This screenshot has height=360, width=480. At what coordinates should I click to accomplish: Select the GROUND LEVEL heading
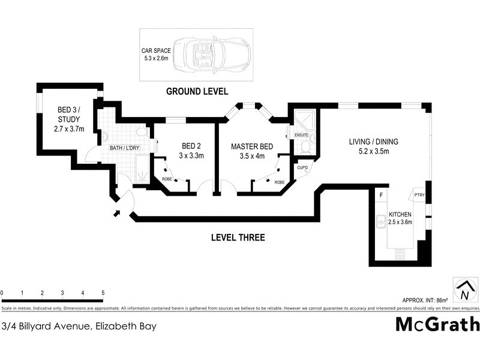[197, 92]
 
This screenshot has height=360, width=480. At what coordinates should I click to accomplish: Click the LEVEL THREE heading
[238, 238]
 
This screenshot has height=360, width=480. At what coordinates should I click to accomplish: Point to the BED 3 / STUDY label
[68, 119]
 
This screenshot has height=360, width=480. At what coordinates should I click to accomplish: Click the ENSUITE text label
[301, 135]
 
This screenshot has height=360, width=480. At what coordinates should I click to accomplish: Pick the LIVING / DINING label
[374, 146]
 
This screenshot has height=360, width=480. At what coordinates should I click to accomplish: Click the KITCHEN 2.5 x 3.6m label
[400, 218]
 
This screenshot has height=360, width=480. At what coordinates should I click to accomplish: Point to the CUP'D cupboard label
[303, 167]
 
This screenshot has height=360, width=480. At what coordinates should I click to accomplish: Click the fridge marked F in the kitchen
[380, 195]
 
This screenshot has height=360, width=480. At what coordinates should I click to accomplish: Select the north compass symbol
[464, 290]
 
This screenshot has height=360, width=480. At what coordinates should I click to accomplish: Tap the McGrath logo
[437, 324]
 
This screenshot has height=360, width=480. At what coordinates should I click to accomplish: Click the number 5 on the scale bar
[103, 293]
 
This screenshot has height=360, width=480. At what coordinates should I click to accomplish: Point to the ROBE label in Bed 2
[167, 179]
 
